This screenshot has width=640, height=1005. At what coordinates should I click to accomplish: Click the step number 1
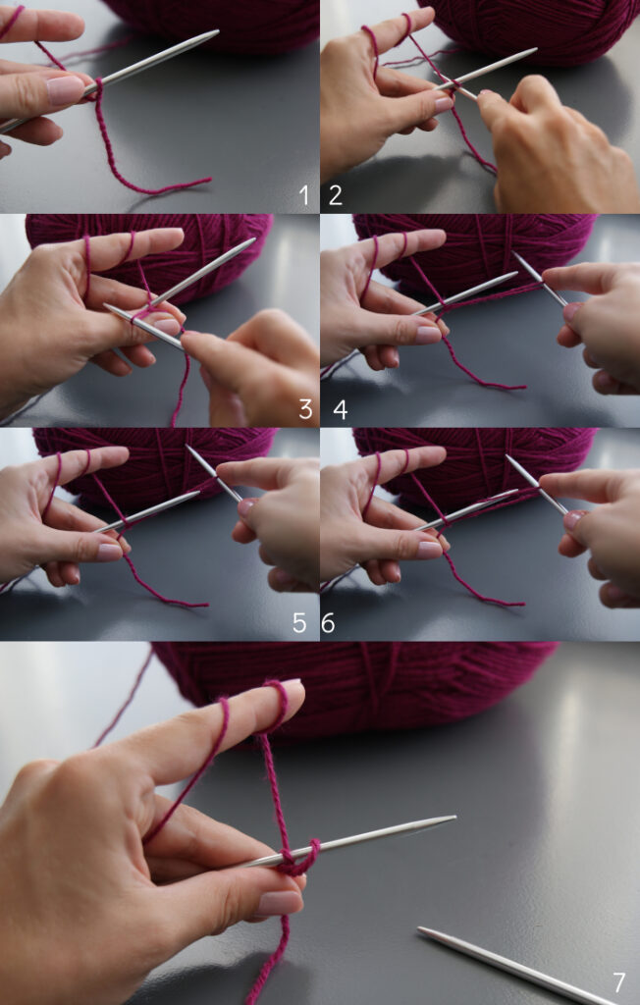[x=303, y=195]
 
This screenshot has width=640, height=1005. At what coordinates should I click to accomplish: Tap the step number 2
[x=336, y=195]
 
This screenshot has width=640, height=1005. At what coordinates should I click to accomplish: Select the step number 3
[x=305, y=408]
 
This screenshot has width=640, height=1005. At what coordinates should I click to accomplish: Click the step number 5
[x=299, y=622]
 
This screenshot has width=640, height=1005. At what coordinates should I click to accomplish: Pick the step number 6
[x=329, y=622]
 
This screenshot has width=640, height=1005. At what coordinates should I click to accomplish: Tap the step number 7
[x=618, y=981]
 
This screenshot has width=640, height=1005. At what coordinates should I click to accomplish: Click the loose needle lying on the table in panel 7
[x=510, y=966]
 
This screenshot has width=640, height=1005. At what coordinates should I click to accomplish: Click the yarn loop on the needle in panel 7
[x=297, y=856]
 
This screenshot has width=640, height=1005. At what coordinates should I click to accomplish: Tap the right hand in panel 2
[x=560, y=147]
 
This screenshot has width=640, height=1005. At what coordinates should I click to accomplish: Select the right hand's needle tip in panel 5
[x=188, y=448]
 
